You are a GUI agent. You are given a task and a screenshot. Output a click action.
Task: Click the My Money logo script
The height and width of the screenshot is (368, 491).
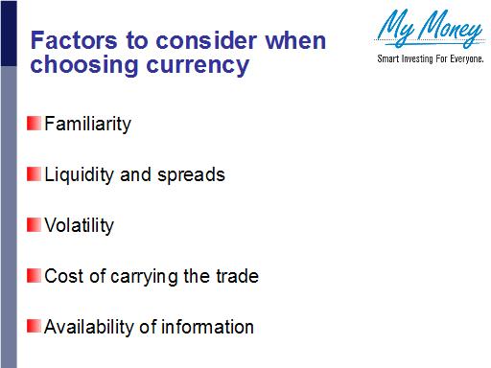(430, 29)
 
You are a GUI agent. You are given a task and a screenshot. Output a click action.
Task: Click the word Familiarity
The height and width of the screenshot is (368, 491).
(87, 125)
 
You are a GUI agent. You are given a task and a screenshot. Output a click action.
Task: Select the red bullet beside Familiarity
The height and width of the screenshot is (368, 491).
(34, 124)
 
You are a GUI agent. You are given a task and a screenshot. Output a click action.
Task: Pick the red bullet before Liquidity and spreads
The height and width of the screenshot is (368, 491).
(34, 174)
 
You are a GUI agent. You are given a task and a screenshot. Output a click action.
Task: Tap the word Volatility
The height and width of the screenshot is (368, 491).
(79, 226)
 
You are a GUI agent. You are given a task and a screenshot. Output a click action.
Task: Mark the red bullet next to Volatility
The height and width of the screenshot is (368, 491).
(34, 225)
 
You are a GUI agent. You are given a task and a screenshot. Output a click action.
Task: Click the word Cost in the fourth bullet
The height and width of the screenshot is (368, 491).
(62, 277)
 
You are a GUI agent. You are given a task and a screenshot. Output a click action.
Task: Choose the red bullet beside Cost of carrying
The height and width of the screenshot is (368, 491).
(34, 276)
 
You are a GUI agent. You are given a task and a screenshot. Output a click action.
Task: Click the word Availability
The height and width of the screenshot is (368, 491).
(87, 328)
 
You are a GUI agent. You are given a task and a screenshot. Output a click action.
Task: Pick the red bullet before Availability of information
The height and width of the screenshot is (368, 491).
(34, 327)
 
